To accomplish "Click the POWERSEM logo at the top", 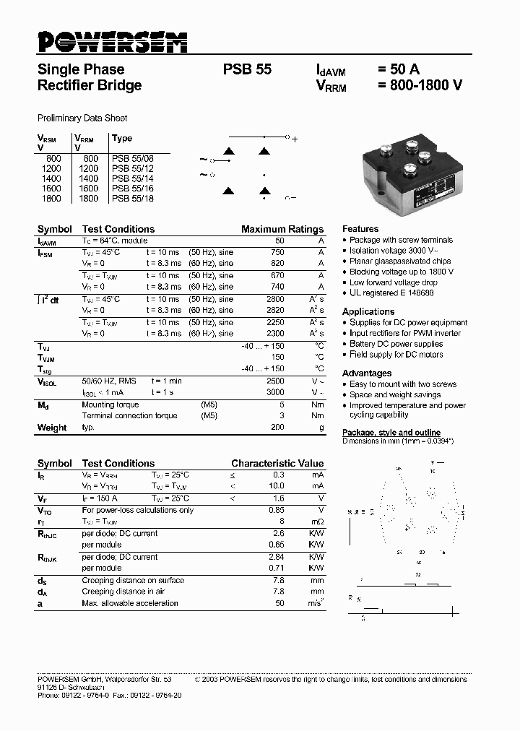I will (112, 42).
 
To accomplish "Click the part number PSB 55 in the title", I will (247, 70).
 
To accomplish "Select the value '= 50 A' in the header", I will (398, 70).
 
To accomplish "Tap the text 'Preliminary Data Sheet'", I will (82, 118).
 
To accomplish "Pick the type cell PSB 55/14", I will (133, 178).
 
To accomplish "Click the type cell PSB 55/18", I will (133, 198).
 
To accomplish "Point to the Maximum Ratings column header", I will (282, 229).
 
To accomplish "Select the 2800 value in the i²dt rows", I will (275, 299).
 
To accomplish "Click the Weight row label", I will (52, 428).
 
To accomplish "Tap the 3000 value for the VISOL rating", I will (275, 392).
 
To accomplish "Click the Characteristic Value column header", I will (277, 463).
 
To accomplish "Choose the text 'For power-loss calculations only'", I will (138, 510).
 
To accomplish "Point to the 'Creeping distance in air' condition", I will (123, 592).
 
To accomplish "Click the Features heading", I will (360, 228).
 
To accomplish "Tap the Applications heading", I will (368, 311).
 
